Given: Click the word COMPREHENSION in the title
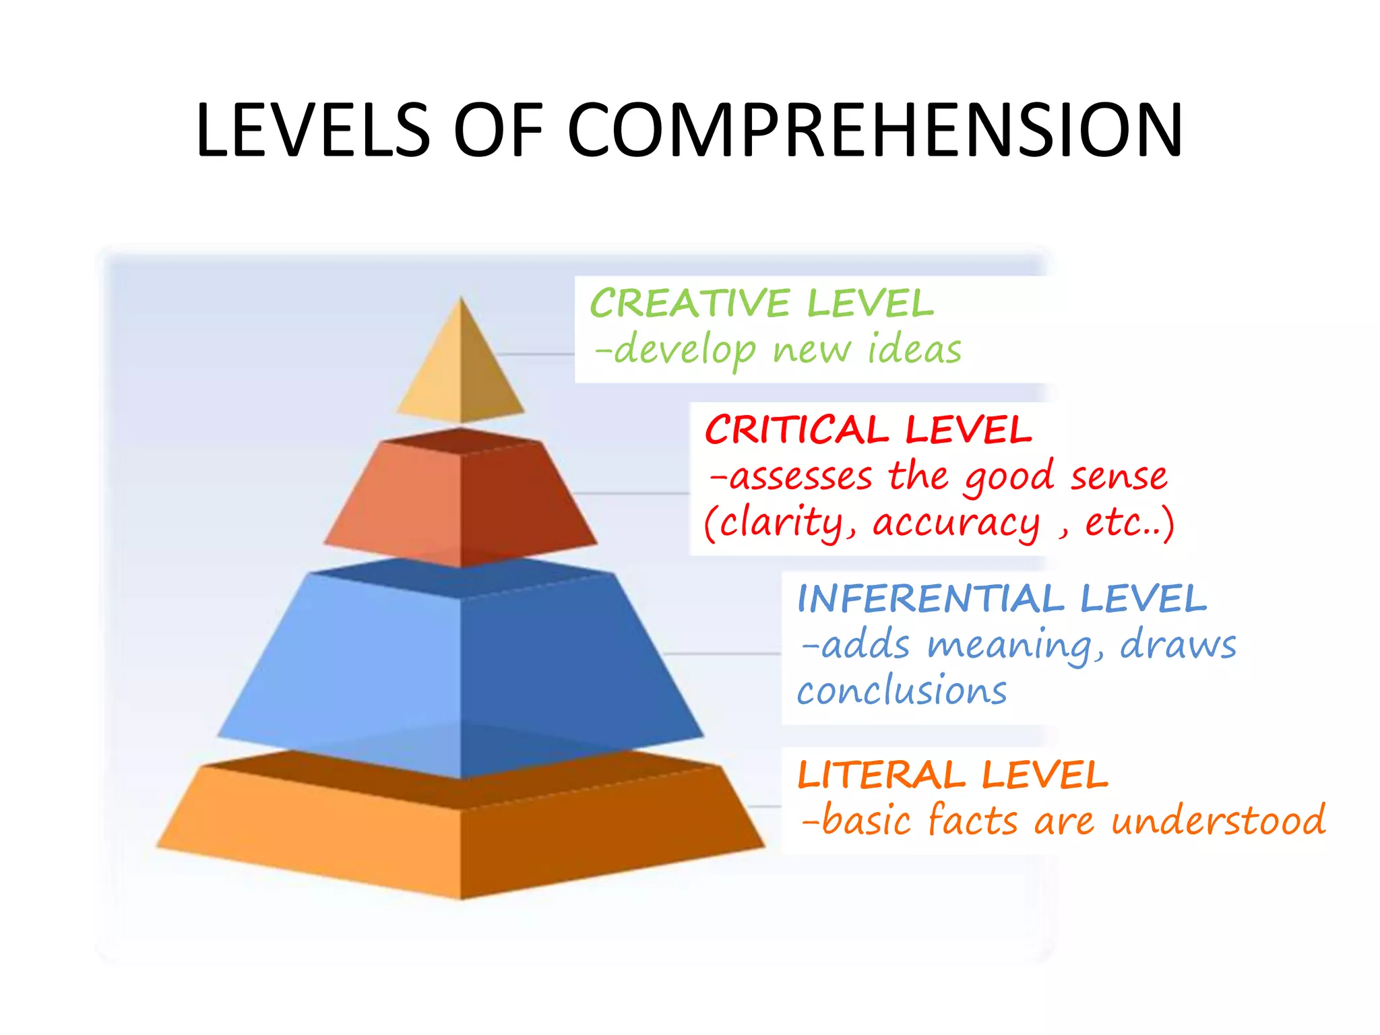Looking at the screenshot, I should tap(875, 130).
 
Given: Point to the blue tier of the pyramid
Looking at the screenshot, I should tap(461, 667).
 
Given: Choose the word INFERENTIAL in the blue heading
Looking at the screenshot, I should tap(931, 598).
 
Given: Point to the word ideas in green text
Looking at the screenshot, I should tap(914, 350).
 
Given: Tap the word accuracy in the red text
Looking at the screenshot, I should tap(955, 523).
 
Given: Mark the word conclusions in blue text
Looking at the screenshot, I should tap(902, 691).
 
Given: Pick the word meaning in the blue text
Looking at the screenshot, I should tap(1014, 646).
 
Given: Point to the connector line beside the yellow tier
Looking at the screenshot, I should tap(536, 354).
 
